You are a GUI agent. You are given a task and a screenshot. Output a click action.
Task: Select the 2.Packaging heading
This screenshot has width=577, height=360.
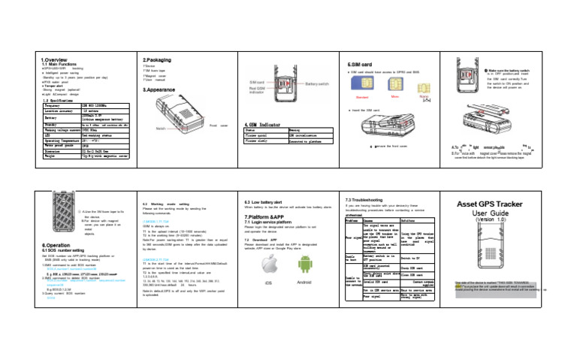pos(159,57)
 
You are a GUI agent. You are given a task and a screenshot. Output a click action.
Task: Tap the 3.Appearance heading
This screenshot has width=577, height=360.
pos(161,89)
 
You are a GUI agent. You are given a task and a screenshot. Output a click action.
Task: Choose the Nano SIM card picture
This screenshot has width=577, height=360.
pos(426,90)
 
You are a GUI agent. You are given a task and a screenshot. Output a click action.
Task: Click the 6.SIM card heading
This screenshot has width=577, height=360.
pos(360,65)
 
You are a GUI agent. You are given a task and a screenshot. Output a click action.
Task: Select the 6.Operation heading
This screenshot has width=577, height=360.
pos(58,244)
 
